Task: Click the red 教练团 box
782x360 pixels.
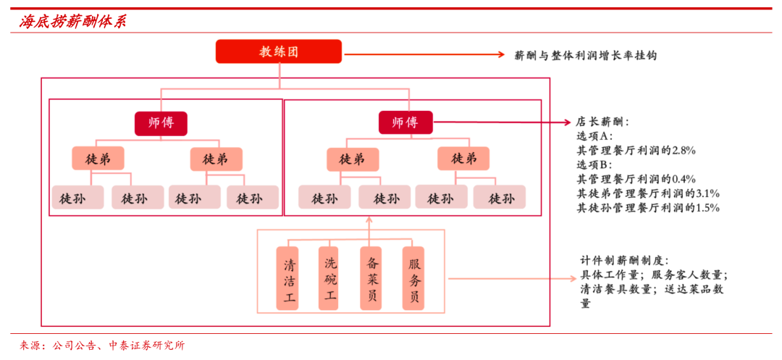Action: point(279,51)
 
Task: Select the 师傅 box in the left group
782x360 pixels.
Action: point(161,123)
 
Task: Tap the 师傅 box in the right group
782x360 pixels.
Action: point(405,122)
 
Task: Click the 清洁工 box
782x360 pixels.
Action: point(288,279)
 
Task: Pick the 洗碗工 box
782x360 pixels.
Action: point(330,279)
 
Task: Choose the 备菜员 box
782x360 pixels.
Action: point(371,279)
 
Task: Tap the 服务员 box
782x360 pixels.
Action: point(413,279)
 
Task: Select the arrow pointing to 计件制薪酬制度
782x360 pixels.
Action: point(507,278)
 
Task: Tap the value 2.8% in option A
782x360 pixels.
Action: point(684,151)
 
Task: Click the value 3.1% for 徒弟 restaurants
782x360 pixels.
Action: point(707,193)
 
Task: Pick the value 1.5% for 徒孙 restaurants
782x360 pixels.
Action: point(707,208)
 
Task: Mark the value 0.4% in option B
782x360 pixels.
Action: point(684,179)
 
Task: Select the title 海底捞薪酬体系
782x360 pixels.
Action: point(72,22)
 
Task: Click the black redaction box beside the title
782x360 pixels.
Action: point(161,21)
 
